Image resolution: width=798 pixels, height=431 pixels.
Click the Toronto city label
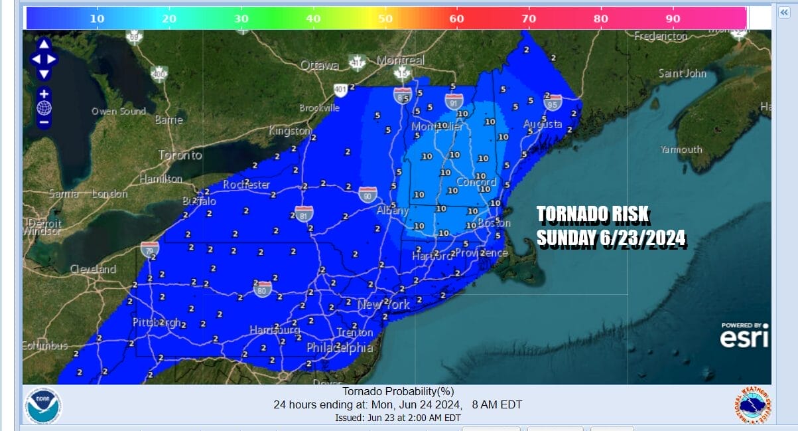pyautogui.click(x=180, y=155)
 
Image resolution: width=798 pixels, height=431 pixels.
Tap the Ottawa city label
pyautogui.click(x=319, y=65)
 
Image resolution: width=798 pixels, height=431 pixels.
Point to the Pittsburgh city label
pyautogui.click(x=157, y=323)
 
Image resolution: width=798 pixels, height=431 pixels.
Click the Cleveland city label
pyautogui.click(x=93, y=269)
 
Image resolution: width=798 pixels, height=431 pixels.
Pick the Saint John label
pyautogui.click(x=682, y=73)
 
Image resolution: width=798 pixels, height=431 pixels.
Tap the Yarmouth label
pyautogui.click(x=681, y=149)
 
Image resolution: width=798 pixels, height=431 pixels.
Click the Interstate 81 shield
pyautogui.click(x=304, y=213)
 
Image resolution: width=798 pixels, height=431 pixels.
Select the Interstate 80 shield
pyautogui.click(x=263, y=288)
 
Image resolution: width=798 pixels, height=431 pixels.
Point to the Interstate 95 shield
pyautogui.click(x=553, y=102)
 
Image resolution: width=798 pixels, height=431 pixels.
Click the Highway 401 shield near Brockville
pyautogui.click(x=340, y=90)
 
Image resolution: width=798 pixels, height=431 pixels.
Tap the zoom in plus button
pyautogui.click(x=44, y=94)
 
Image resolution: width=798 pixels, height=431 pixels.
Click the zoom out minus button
pyautogui.click(x=44, y=122)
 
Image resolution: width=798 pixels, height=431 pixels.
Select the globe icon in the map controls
pyautogui.click(x=44, y=108)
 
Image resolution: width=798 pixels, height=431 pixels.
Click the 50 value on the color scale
pyautogui.click(x=385, y=19)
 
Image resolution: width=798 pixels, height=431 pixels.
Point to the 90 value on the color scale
pyautogui.click(x=673, y=19)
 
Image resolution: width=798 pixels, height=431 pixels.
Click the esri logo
pyautogui.click(x=744, y=337)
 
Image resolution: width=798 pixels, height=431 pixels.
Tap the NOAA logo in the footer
pyautogui.click(x=43, y=406)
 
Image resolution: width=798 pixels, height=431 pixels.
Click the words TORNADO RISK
pyautogui.click(x=592, y=215)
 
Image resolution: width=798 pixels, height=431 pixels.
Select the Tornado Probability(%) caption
pyautogui.click(x=398, y=392)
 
